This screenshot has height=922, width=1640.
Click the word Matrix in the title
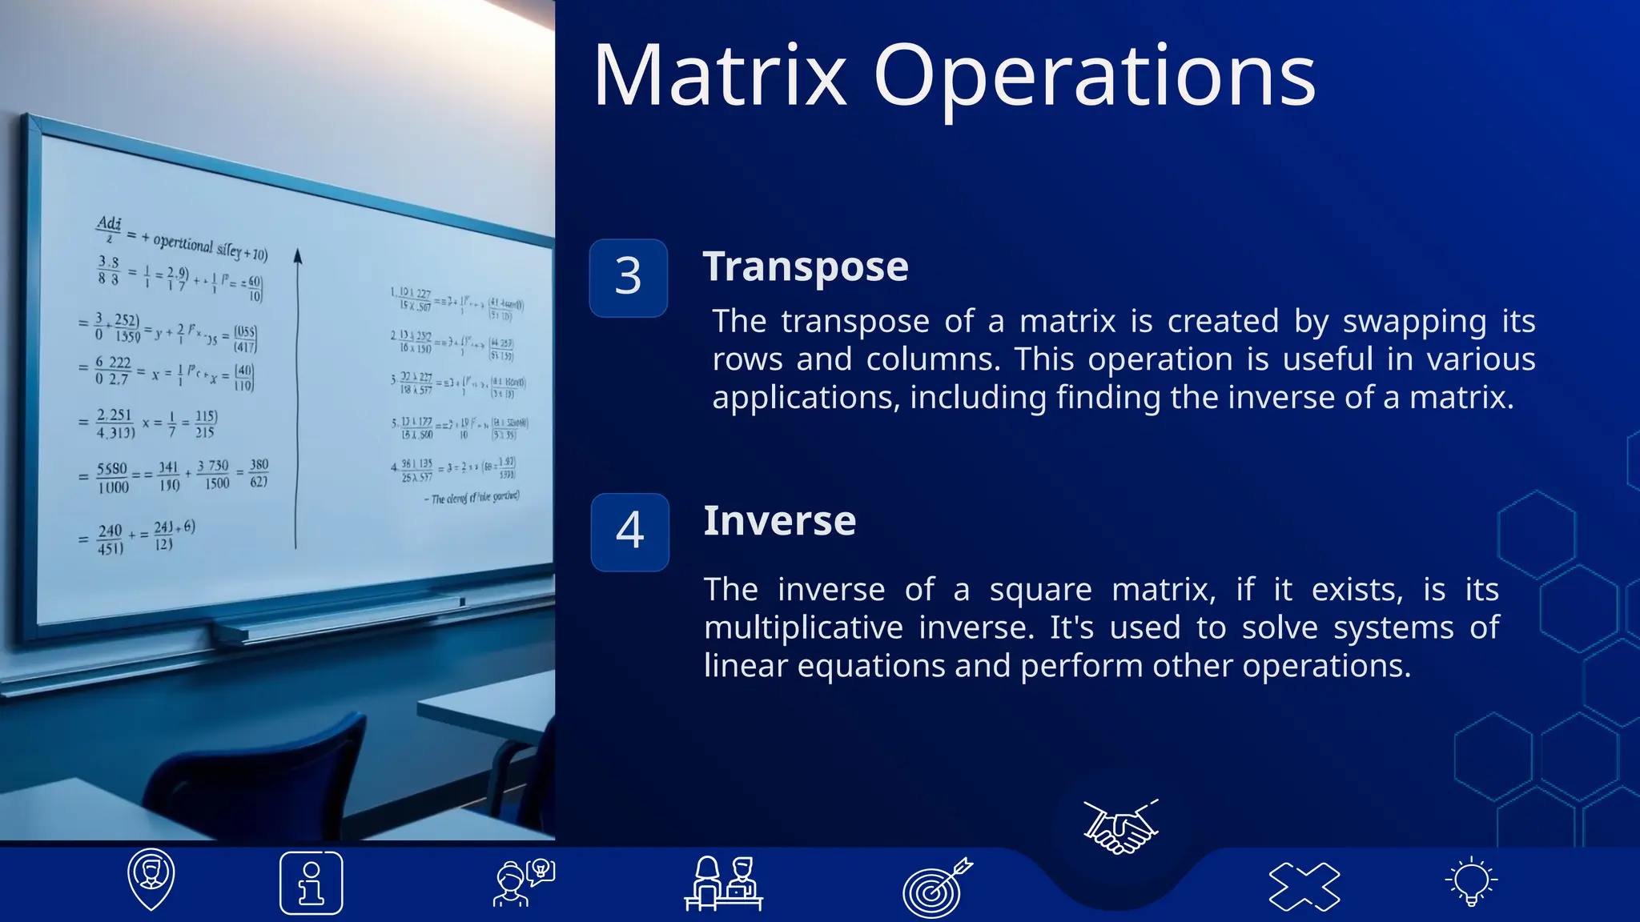click(719, 77)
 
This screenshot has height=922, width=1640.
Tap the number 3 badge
click(629, 278)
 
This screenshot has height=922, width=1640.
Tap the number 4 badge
click(629, 531)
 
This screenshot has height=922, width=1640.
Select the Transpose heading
click(806, 267)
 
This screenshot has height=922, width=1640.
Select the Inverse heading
click(779, 521)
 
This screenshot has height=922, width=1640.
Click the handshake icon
click(1120, 827)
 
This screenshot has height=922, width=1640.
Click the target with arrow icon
click(935, 887)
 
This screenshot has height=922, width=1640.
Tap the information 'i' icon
click(312, 883)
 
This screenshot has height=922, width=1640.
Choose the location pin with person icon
click(151, 878)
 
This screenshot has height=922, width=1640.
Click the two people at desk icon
click(724, 883)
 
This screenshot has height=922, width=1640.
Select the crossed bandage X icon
click(1304, 885)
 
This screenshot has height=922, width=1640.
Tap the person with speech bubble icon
click(523, 883)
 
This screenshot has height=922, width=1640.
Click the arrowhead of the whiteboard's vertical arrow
click(297, 256)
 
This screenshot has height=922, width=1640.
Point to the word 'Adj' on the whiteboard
click(108, 223)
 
